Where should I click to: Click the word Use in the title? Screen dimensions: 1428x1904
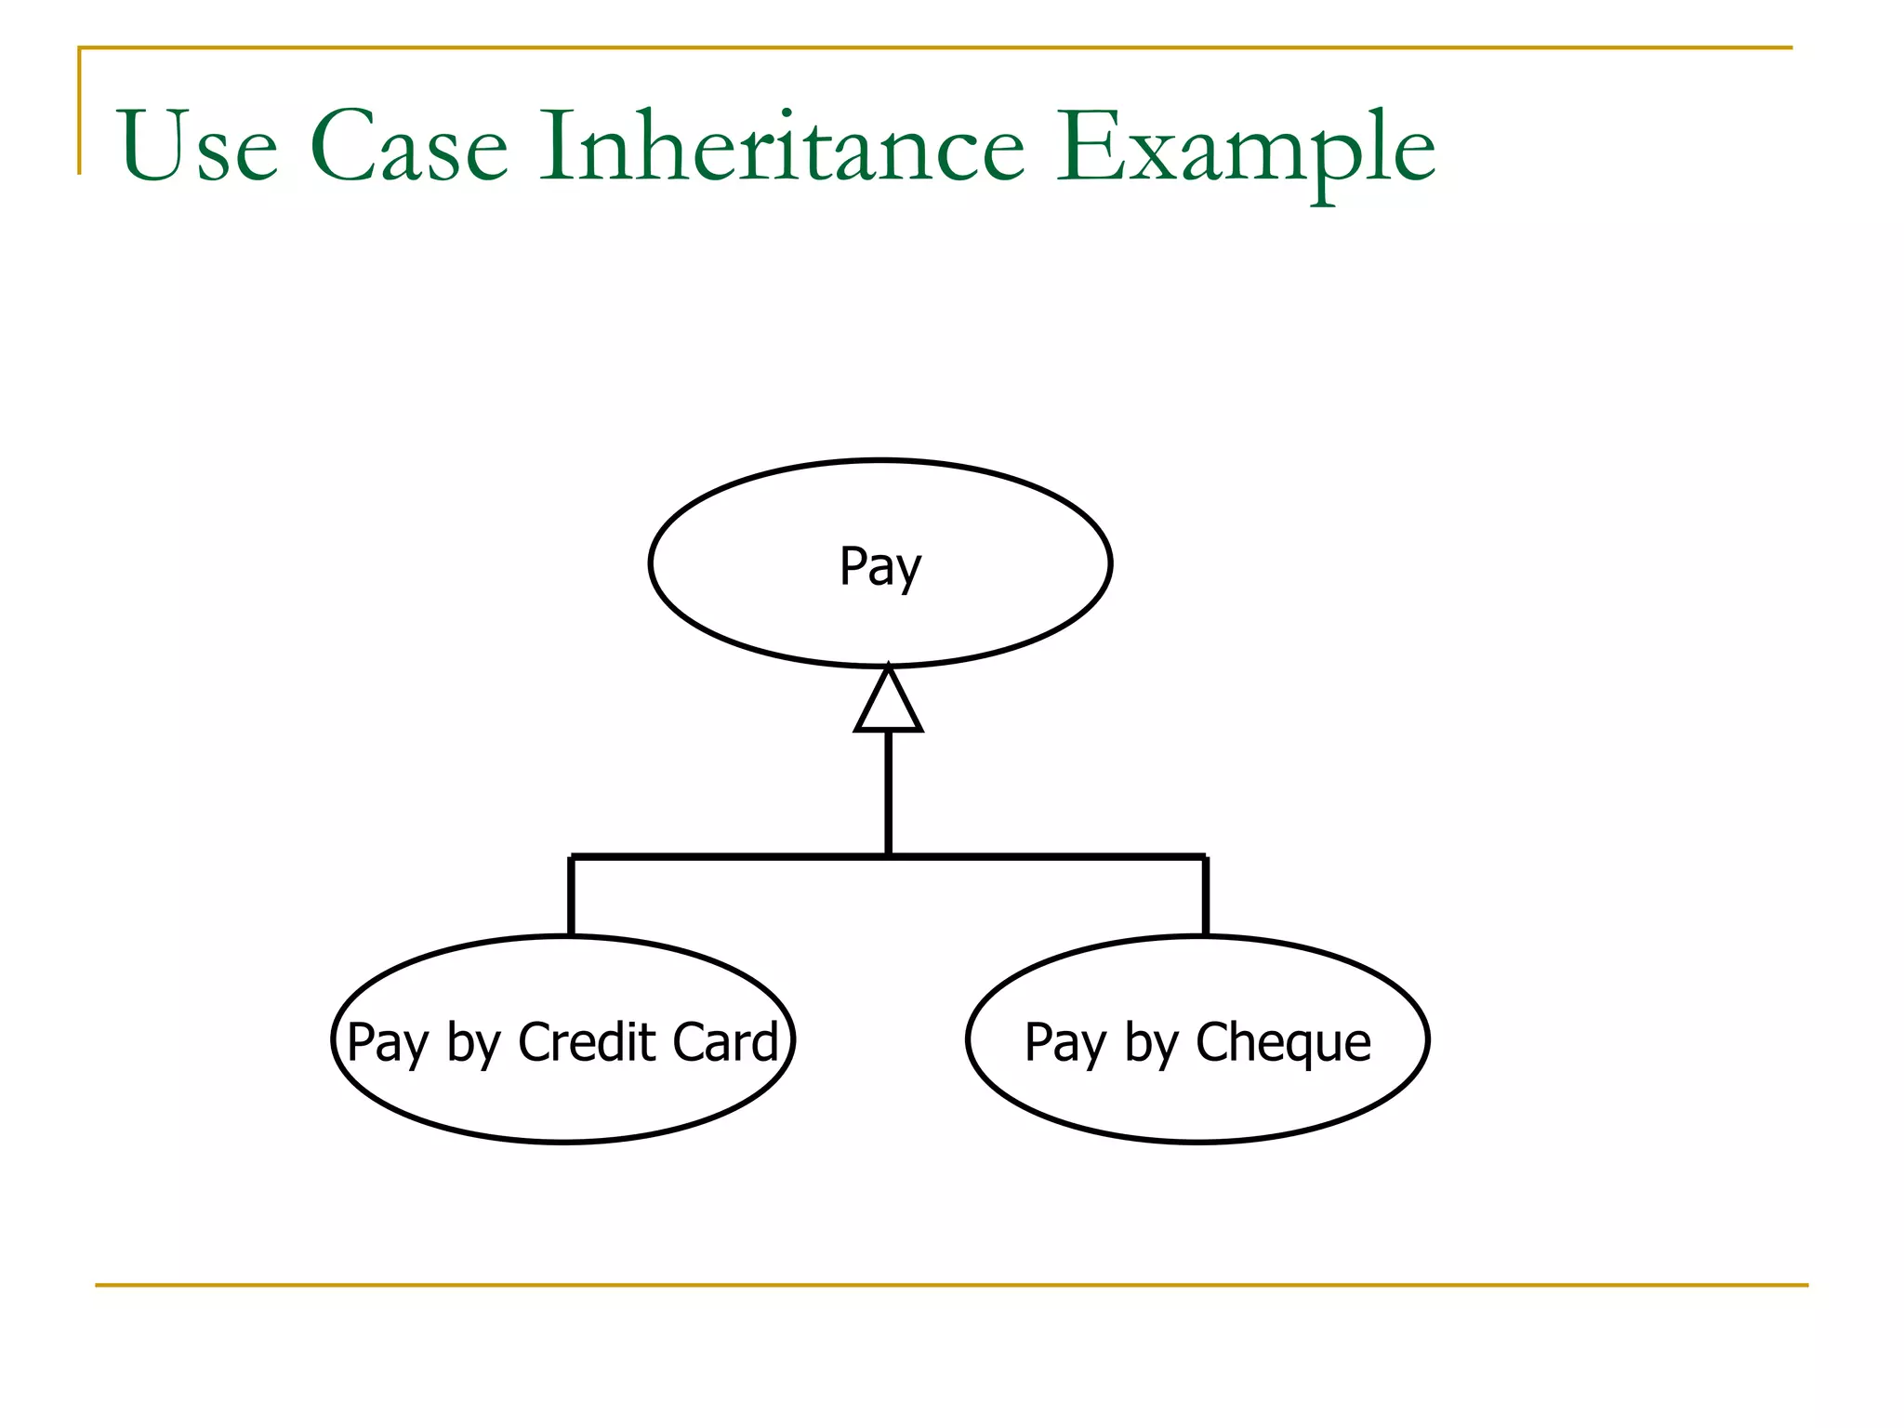198,147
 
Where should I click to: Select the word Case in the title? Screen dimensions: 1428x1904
409,147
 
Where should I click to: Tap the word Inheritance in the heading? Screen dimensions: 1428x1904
782,147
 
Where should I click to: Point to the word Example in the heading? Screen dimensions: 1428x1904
1246,149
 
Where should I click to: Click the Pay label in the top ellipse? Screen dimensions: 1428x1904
879,567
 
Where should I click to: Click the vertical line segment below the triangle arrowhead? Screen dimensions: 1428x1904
889,790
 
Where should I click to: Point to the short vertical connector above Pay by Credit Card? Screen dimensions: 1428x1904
571,895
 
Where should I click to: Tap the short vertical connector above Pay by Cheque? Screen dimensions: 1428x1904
1206,895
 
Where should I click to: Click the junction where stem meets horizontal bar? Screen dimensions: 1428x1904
889,855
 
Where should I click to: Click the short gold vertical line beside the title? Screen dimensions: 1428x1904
80,112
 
